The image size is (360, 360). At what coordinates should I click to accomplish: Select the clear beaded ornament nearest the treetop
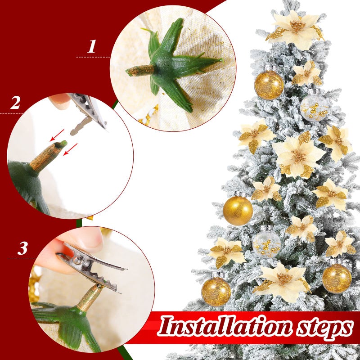pyautogui.click(x=314, y=107)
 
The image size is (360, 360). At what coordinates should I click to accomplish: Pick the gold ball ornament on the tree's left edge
pyautogui.click(x=238, y=210)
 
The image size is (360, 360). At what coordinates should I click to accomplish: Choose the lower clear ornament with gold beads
pyautogui.click(x=266, y=243)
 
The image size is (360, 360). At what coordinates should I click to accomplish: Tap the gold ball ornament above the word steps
pyautogui.click(x=337, y=278)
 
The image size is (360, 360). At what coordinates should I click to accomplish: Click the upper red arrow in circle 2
pyautogui.click(x=57, y=134)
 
